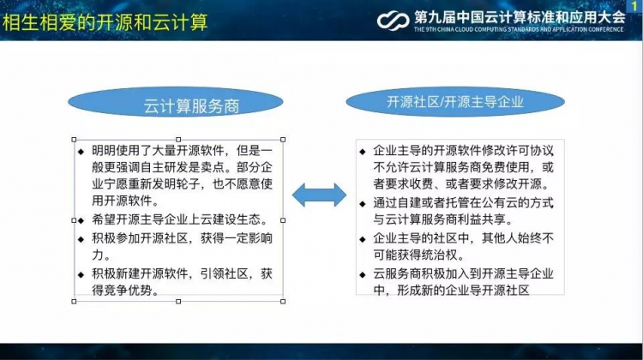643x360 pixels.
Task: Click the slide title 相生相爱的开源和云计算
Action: pyautogui.click(x=105, y=22)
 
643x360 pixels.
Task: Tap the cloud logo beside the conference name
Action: pyautogui.click(x=393, y=21)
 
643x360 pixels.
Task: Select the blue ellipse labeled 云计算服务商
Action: pyautogui.click(x=176, y=102)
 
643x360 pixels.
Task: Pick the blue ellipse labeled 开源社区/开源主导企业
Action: pyautogui.click(x=455, y=102)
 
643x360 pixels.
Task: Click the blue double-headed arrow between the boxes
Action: pyautogui.click(x=319, y=195)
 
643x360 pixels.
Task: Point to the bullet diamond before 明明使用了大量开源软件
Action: pyautogui.click(x=81, y=152)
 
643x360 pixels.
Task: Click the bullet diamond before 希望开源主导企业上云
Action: pyautogui.click(x=81, y=220)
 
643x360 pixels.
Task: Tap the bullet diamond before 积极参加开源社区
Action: pyautogui.click(x=81, y=239)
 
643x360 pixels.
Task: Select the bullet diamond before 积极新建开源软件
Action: pyautogui.click(x=81, y=274)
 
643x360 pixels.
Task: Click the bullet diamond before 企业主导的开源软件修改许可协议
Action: pyautogui.click(x=363, y=152)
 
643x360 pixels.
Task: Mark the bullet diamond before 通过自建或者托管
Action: pyautogui.click(x=363, y=203)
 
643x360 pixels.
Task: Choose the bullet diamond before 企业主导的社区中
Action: pyautogui.click(x=363, y=239)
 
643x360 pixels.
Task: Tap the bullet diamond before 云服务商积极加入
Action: pyautogui.click(x=363, y=274)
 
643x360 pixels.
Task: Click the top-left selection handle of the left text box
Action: pyautogui.click(x=74, y=140)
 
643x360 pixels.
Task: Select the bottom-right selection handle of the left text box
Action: pyautogui.click(x=283, y=302)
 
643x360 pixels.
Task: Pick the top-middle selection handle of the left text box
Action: pyautogui.click(x=178, y=140)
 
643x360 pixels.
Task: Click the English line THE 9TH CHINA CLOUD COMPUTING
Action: pyautogui.click(x=519, y=29)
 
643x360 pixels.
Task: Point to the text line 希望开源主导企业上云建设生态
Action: pyautogui.click(x=180, y=219)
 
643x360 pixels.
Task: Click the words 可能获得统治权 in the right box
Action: pyautogui.click(x=418, y=255)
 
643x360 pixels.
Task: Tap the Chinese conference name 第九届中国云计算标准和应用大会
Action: pyautogui.click(x=520, y=17)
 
